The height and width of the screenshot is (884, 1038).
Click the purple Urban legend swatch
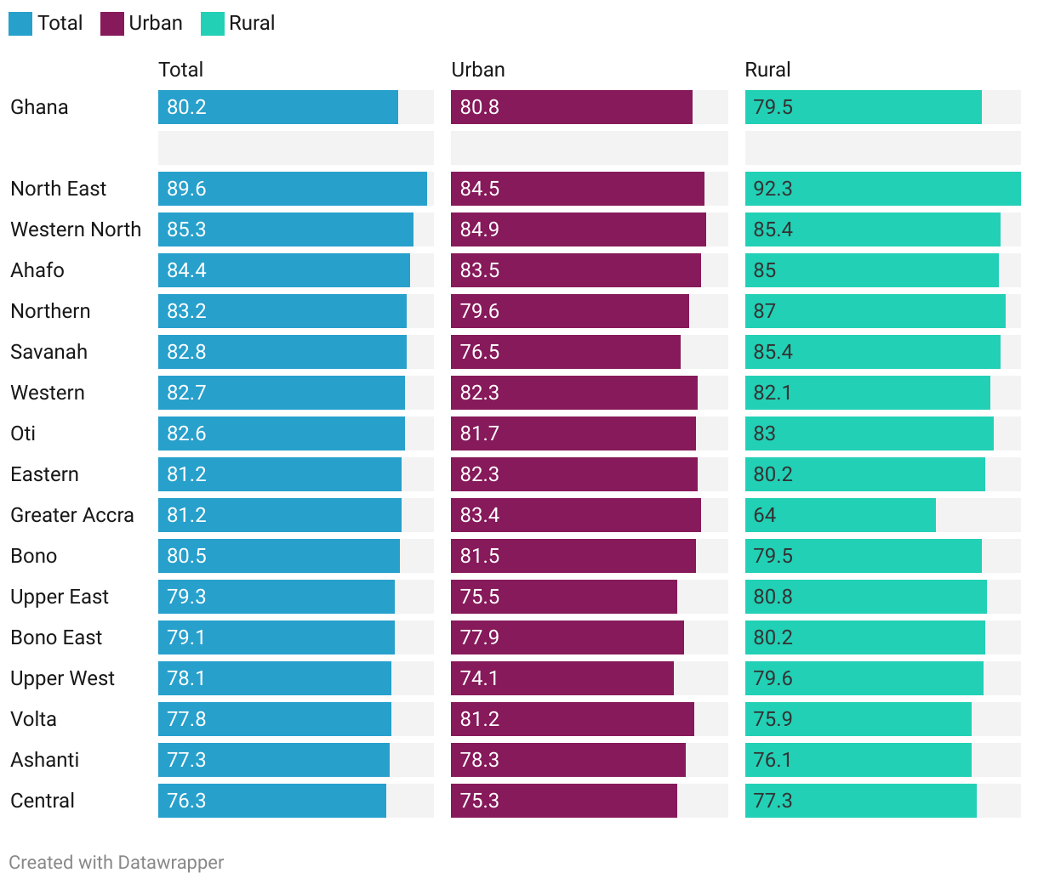(x=112, y=24)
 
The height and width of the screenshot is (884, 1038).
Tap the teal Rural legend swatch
(x=213, y=24)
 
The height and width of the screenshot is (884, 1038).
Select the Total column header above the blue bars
(x=180, y=70)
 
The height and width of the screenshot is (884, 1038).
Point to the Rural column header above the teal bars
(x=767, y=70)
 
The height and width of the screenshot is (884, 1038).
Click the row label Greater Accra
(x=72, y=515)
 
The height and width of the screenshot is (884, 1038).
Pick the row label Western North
(x=76, y=229)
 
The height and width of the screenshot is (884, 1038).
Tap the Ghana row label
(x=39, y=107)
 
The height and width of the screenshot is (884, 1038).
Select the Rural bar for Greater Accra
(x=840, y=515)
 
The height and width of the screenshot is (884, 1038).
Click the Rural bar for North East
(x=882, y=189)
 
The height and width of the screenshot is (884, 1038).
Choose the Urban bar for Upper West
(x=562, y=678)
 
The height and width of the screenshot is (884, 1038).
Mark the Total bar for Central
(x=272, y=801)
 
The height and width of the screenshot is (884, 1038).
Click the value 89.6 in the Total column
(x=186, y=189)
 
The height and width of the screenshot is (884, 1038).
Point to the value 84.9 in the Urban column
(x=480, y=229)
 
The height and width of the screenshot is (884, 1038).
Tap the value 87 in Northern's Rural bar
(x=764, y=311)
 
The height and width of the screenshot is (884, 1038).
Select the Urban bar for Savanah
(x=566, y=352)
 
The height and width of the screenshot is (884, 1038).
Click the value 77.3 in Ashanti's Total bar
(x=186, y=760)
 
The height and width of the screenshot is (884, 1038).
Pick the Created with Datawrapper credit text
(x=117, y=863)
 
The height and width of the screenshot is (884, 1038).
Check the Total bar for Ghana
(x=278, y=107)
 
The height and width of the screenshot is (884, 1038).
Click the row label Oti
(x=23, y=433)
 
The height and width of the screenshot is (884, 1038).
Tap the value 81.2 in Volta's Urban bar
(x=480, y=719)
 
